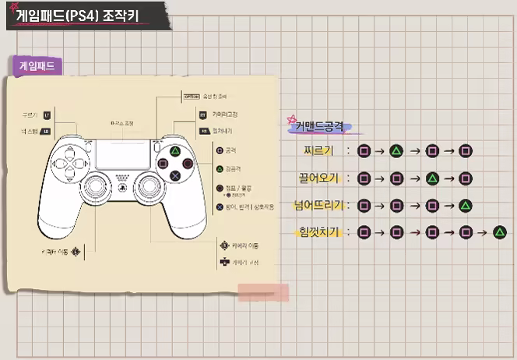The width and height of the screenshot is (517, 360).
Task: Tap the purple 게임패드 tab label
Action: pyautogui.click(x=38, y=66)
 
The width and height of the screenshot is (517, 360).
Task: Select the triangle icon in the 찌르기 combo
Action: pyautogui.click(x=396, y=150)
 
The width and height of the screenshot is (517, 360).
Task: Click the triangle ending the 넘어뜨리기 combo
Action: pyautogui.click(x=465, y=206)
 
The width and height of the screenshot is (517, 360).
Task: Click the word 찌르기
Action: pyautogui.click(x=322, y=150)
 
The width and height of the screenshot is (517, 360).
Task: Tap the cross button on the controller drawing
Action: pyautogui.click(x=176, y=175)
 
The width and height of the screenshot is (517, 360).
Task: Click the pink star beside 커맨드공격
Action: pyautogui.click(x=290, y=119)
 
